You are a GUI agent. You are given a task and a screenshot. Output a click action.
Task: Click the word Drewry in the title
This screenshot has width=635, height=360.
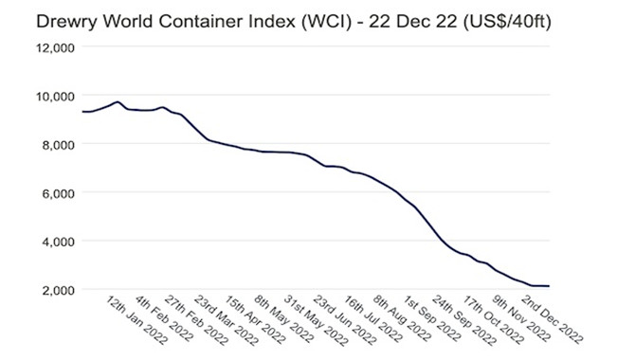[x=66, y=22]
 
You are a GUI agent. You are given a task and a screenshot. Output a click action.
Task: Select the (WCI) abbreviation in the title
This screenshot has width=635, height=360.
[x=326, y=22]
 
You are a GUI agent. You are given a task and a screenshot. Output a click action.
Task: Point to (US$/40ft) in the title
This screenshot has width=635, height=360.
[x=507, y=22]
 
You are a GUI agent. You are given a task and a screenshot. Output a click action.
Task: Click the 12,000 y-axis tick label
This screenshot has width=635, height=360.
[x=56, y=48]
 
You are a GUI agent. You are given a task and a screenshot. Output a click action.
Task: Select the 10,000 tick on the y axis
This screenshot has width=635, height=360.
[x=56, y=97]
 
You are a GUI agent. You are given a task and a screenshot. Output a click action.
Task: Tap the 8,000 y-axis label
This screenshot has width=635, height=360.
[x=59, y=145]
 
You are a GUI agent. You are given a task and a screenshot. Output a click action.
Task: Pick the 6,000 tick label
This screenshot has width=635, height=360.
[x=59, y=193]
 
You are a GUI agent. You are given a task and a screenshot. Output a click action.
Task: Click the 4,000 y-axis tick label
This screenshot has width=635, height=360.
[x=59, y=243]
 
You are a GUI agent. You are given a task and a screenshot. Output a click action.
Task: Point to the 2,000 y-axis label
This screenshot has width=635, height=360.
[x=59, y=290]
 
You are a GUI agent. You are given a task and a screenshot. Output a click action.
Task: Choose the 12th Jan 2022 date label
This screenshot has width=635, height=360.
[x=136, y=320]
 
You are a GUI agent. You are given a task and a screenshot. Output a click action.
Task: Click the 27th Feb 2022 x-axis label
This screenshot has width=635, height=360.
[x=196, y=320]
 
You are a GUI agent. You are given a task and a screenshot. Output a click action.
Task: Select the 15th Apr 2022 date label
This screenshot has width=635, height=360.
[x=256, y=320]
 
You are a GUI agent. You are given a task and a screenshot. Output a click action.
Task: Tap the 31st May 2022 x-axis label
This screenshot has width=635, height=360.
[x=316, y=320]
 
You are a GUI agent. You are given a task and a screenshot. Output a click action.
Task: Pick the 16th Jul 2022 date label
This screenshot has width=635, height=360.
[x=373, y=319]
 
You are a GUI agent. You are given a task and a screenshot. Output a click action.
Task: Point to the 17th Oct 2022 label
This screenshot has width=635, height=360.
[x=493, y=320]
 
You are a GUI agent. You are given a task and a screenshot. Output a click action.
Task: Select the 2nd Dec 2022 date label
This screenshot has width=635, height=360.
[x=552, y=319]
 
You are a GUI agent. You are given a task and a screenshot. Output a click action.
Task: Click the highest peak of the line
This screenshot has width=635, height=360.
[x=118, y=101]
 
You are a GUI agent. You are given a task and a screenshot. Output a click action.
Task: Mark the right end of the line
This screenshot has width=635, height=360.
[x=549, y=286]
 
